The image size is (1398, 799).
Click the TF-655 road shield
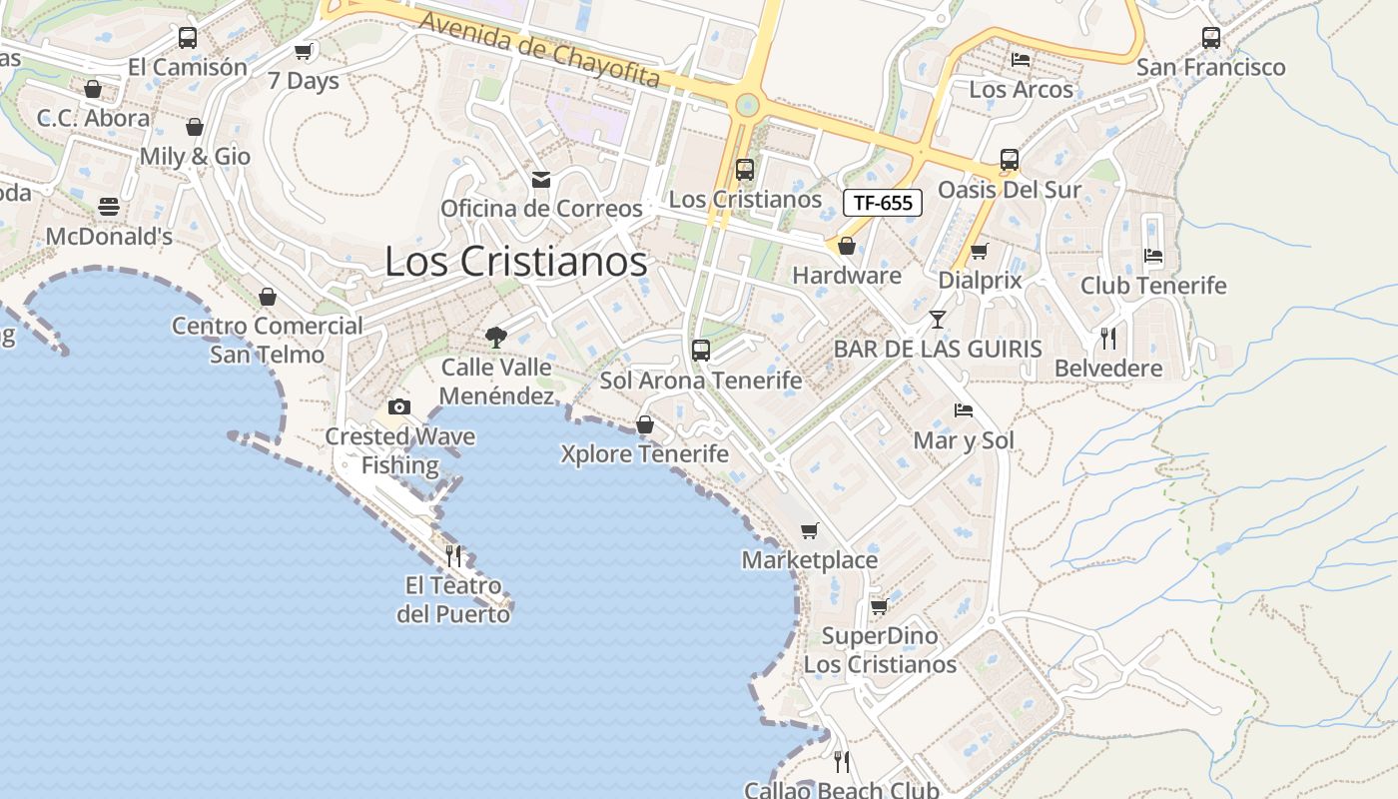click(883, 203)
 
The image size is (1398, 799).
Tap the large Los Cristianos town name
click(515, 262)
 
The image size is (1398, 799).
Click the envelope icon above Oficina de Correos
click(541, 180)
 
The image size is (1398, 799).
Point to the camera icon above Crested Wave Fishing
click(399, 406)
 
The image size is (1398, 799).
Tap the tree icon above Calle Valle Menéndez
click(495, 338)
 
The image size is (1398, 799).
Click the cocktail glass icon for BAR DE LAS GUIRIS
click(937, 320)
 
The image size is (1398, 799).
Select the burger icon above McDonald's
click(109, 207)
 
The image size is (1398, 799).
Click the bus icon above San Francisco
click(1211, 38)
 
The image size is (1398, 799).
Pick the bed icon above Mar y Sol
click(964, 410)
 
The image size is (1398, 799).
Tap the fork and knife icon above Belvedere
click(1108, 339)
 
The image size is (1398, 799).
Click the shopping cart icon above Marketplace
click(809, 530)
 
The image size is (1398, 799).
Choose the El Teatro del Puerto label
click(453, 599)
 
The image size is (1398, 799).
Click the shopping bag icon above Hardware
click(847, 246)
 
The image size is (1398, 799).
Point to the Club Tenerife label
click(1153, 286)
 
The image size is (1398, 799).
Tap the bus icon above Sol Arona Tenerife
click(701, 351)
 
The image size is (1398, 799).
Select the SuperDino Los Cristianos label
click(880, 650)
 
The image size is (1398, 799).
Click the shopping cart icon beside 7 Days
click(303, 51)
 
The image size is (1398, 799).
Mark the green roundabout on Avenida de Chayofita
click(747, 105)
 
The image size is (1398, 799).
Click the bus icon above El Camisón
click(188, 38)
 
